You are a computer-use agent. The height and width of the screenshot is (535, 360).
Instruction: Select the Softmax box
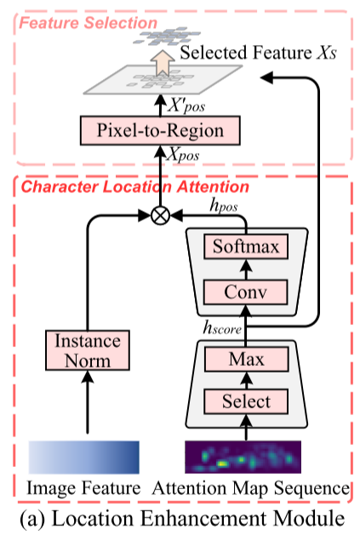(245, 248)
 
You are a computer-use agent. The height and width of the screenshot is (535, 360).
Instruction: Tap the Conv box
(245, 293)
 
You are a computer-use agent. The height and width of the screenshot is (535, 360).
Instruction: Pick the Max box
(245, 359)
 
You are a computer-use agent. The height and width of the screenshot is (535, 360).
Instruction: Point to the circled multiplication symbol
(158, 216)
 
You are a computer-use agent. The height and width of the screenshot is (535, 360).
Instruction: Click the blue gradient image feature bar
(83, 456)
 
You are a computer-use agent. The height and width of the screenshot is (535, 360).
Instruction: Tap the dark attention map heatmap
(245, 456)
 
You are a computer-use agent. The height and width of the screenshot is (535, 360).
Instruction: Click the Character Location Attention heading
(134, 186)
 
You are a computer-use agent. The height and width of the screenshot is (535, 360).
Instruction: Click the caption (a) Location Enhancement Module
(181, 515)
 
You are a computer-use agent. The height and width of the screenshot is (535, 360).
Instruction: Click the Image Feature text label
(83, 488)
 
